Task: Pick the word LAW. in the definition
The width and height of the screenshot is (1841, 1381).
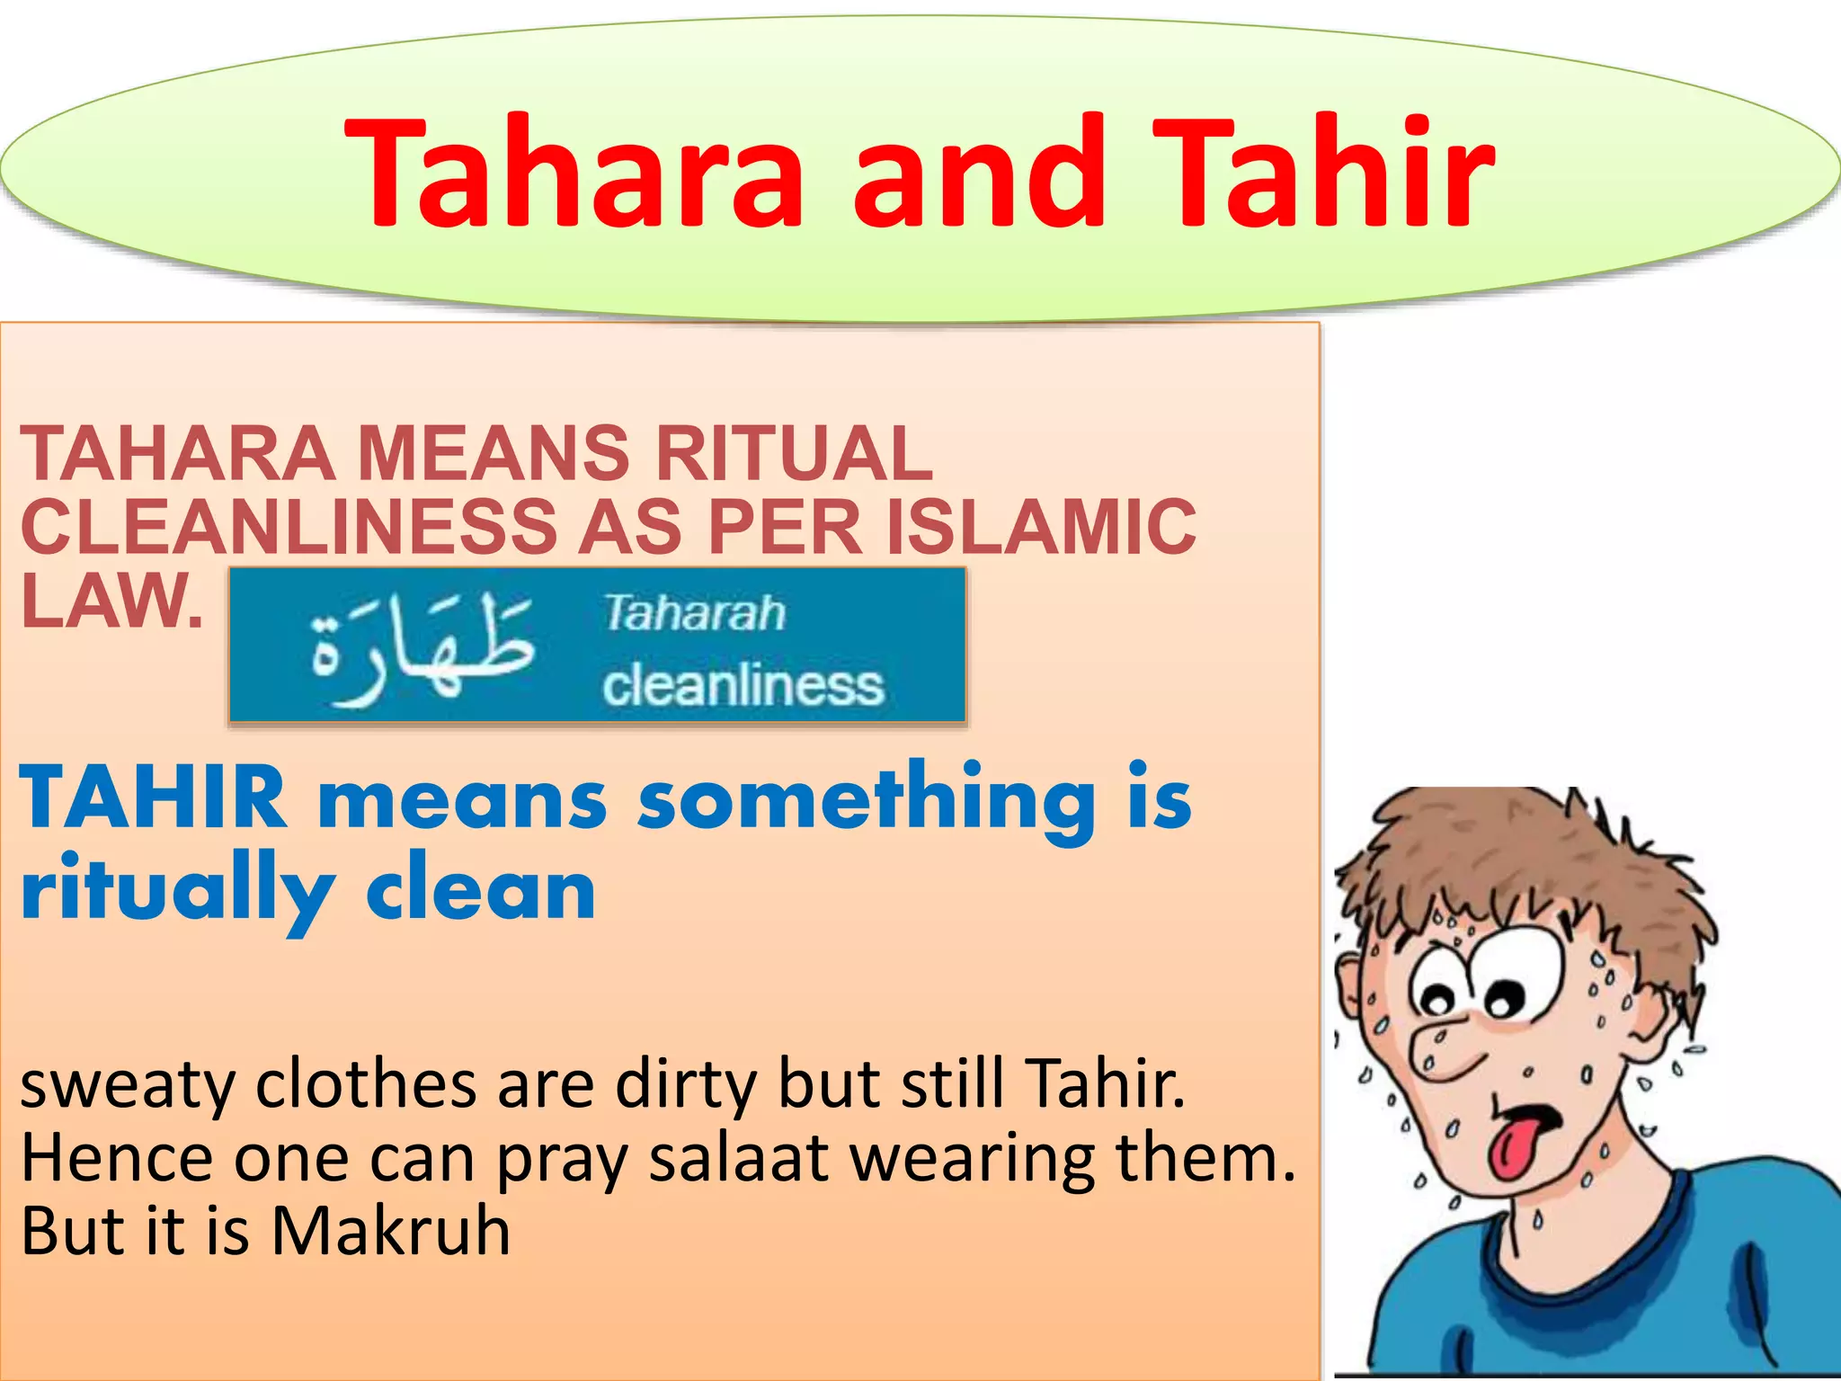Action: (x=111, y=601)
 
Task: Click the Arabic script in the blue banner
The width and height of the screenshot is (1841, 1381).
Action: (x=422, y=647)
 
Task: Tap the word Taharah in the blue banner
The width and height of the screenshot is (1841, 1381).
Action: (x=694, y=613)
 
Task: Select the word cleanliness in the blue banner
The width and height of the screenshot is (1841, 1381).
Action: (x=743, y=685)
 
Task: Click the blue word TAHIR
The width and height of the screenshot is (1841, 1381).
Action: (x=153, y=797)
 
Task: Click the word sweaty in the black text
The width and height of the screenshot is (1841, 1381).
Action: (x=126, y=1085)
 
